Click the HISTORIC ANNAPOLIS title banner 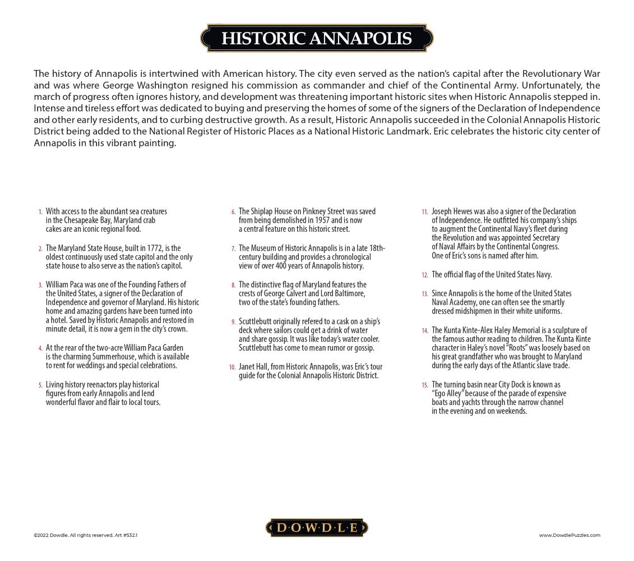tap(317, 38)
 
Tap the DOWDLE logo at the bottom tap(316, 527)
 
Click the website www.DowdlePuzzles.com tap(570, 535)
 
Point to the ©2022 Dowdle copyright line tap(85, 535)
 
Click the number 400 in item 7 tap(295, 266)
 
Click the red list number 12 tap(425, 275)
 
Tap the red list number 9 tap(233, 321)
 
